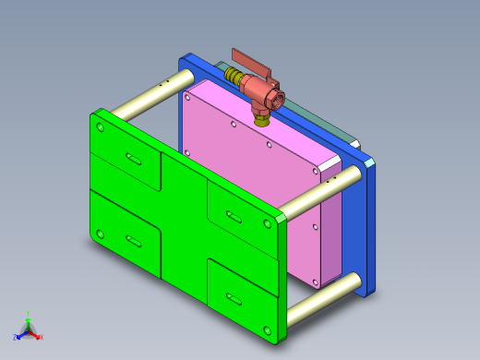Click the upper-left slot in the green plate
tap(132, 160)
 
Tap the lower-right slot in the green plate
tap(229, 298)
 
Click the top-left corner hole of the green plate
tap(100, 127)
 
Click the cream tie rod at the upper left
tap(143, 97)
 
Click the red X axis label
tap(42, 337)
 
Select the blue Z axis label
tap(15, 336)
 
